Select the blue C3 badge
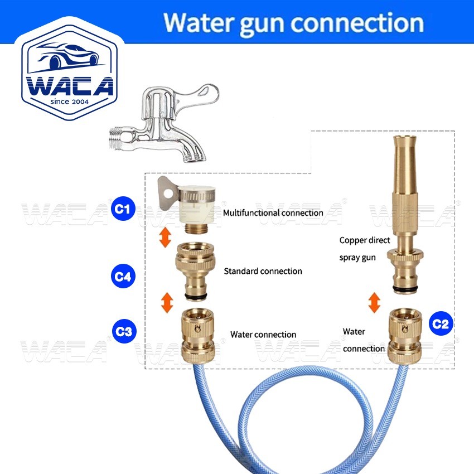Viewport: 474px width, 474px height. [x=122, y=331]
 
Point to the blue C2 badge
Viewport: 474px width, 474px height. [x=441, y=324]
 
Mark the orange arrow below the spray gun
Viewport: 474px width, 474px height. [x=374, y=303]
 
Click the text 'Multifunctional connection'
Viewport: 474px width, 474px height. [x=273, y=212]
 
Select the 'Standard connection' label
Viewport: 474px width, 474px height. [x=263, y=271]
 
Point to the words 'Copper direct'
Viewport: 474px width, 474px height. [x=365, y=240]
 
